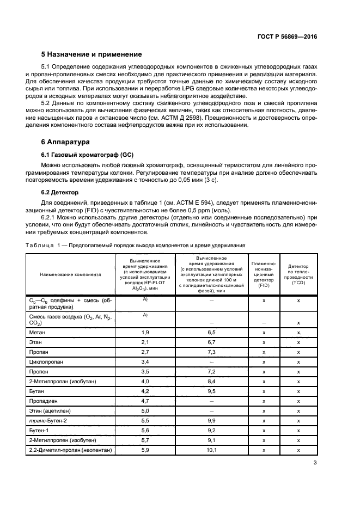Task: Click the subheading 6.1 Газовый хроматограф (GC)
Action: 88,155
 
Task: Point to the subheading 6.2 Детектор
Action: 60,193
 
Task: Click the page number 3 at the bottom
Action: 315,463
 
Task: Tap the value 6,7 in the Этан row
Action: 212,342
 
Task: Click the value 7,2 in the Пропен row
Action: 212,371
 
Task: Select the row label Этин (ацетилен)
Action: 51,410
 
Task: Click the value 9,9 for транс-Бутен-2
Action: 212,421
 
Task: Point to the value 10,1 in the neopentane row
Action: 212,450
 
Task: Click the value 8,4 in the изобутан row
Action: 212,381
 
